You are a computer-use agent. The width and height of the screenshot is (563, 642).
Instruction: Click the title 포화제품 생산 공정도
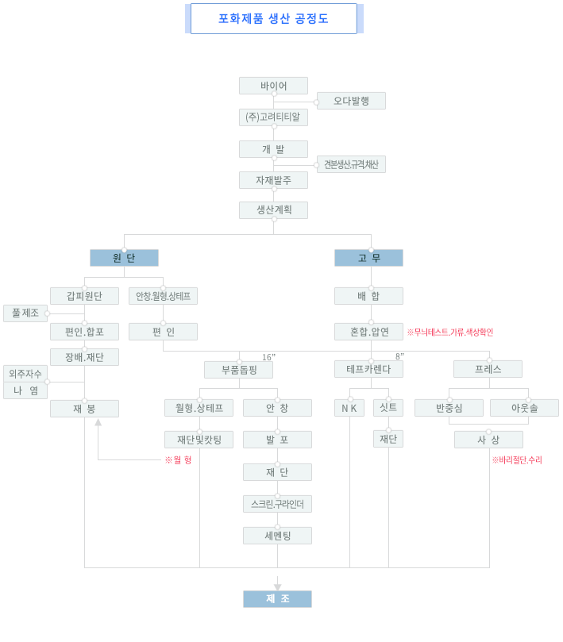(x=273, y=18)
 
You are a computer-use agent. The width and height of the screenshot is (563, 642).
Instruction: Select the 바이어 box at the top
(x=273, y=86)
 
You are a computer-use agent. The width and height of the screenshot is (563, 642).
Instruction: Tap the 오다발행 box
(x=351, y=101)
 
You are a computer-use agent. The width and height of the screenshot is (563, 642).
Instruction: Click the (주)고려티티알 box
(x=273, y=117)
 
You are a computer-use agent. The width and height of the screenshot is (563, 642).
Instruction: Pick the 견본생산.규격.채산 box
(x=351, y=164)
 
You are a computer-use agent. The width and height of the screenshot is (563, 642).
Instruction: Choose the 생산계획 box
(x=273, y=210)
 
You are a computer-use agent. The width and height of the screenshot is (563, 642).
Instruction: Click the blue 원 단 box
(x=124, y=258)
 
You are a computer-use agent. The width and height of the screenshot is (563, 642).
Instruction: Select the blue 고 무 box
(x=368, y=258)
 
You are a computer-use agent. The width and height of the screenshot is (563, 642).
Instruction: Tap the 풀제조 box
(x=25, y=313)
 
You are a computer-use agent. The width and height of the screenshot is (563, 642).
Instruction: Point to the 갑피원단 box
(x=84, y=296)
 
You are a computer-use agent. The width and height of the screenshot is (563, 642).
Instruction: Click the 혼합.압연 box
(x=368, y=332)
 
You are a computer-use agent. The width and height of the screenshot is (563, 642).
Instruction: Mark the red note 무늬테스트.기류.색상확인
(x=449, y=332)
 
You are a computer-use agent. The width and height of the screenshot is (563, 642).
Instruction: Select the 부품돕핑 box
(x=238, y=369)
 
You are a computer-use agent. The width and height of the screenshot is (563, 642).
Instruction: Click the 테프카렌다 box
(x=368, y=369)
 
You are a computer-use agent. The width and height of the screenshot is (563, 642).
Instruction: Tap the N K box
(x=349, y=408)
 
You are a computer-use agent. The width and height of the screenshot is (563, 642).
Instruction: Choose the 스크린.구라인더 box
(x=277, y=504)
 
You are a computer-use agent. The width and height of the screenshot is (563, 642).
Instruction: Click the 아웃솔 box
(x=524, y=408)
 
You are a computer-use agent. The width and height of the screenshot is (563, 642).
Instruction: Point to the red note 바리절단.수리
(x=517, y=459)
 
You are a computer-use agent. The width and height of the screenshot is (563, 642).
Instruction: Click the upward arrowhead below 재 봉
(x=98, y=423)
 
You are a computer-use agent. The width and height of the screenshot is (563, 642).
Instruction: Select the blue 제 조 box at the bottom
(x=277, y=599)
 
